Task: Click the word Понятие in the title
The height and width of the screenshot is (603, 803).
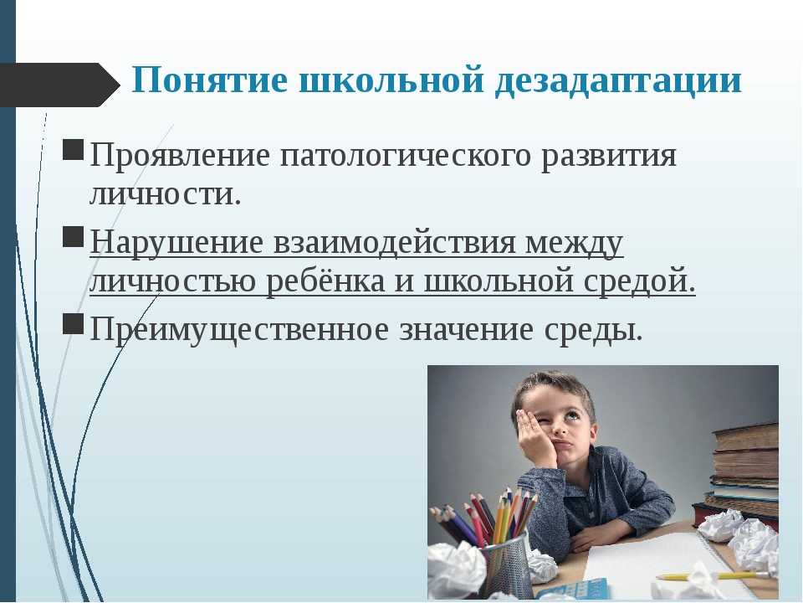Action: [209, 80]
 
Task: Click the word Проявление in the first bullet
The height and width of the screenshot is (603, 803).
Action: [179, 156]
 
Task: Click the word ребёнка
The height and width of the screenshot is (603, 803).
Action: [325, 281]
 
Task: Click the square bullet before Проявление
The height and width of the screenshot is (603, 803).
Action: [74, 149]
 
